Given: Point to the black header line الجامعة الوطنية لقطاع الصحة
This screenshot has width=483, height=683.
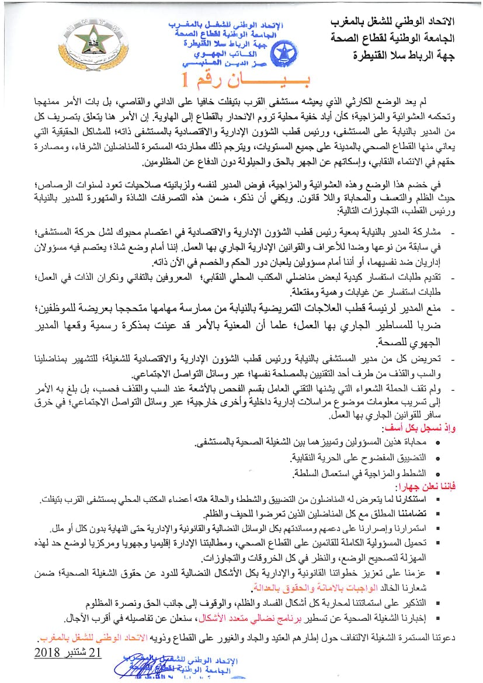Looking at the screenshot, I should tap(408, 39).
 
